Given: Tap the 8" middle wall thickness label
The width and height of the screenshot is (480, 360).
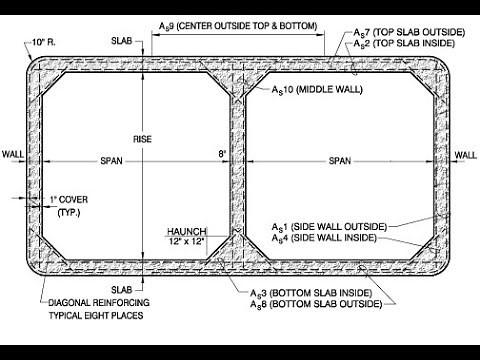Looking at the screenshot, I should [222, 153].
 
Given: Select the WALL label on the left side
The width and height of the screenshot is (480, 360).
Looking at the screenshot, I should [12, 155].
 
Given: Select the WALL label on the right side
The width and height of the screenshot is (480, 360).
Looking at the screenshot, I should [466, 155].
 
